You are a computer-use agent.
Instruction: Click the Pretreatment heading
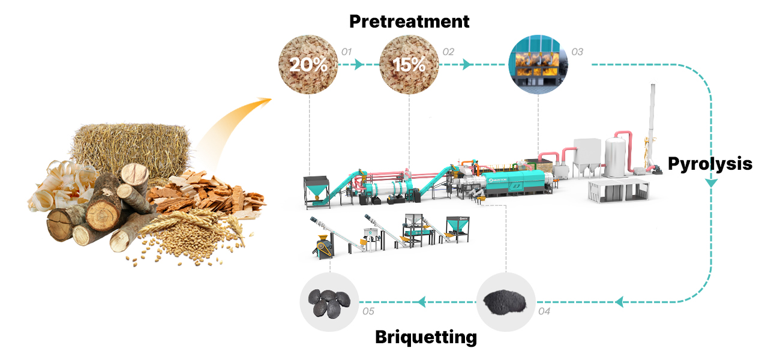[409, 22]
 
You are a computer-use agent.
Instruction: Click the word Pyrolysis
[710, 163]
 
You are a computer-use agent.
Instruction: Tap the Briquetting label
[425, 337]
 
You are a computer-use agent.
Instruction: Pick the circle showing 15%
[409, 64]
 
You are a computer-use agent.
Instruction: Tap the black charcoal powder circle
[506, 302]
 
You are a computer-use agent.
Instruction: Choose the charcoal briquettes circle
[329, 302]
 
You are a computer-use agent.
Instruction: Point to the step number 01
[346, 52]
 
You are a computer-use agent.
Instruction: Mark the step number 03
[577, 52]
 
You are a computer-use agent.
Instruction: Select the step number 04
[544, 311]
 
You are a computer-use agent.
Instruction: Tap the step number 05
[368, 311]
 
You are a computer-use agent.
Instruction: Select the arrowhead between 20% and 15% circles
[359, 64]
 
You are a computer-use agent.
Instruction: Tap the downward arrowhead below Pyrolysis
[710, 182]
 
